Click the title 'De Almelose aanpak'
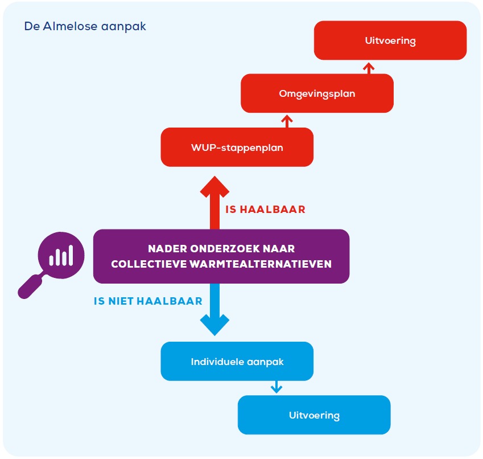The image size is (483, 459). pos(85,27)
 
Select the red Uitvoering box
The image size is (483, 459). pos(390,40)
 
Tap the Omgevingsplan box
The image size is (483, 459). pos(317,93)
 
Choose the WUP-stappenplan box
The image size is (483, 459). pos(237,147)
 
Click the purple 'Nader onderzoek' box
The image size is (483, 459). pos(221,256)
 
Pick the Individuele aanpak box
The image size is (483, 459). pos(237,362)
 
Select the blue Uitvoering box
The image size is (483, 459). pos(314,415)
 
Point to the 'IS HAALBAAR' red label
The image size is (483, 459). pos(265,210)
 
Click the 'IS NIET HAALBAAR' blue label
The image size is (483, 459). pos(148,301)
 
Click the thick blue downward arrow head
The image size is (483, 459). pos(214,325)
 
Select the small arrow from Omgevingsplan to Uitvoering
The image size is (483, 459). pos(368,68)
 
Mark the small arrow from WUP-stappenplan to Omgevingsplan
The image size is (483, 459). pos(287,121)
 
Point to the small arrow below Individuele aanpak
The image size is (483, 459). pos(276,387)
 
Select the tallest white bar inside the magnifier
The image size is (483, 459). pos(70,255)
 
